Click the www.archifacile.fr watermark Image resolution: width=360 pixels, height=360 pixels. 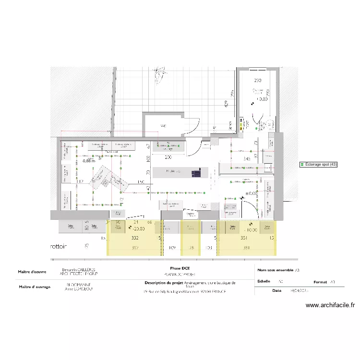pos(330,305)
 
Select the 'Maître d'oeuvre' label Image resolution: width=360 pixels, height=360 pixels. pos(32,272)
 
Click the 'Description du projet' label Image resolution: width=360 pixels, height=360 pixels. pos(164,283)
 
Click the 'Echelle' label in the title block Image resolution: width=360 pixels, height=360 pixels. pos(264,282)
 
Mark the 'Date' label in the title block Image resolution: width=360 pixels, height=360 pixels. pos(276,290)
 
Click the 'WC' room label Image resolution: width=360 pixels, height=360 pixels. pos(163,126)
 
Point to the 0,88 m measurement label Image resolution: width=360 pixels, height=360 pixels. pos(89,161)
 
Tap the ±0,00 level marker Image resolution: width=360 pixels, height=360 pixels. pos(251,193)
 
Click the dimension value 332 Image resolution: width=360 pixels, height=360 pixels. pos(134,238)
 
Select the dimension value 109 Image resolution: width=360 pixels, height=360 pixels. pos(172,248)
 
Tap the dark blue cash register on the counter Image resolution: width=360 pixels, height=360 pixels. pos(195,172)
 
